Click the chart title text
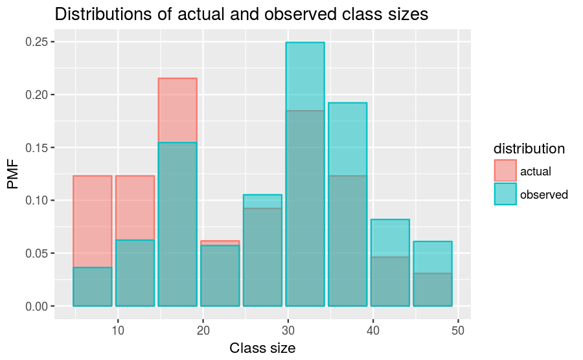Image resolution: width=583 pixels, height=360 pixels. coord(242,15)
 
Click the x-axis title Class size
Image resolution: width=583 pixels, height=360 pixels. coord(262,348)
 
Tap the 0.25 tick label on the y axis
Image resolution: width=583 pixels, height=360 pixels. coord(36,42)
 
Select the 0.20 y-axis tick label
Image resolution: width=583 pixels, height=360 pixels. coord(36,95)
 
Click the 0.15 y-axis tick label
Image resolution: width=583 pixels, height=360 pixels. coord(36,148)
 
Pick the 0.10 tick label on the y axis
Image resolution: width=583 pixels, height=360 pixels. coord(36,201)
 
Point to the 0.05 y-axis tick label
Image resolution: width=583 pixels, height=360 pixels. coord(36,253)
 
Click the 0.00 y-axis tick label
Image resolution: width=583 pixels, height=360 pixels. coord(36,306)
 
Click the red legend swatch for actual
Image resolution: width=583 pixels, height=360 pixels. coord(505,171)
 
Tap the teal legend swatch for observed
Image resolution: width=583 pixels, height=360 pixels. coord(505,194)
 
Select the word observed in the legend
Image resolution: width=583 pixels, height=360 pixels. coord(543,194)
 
